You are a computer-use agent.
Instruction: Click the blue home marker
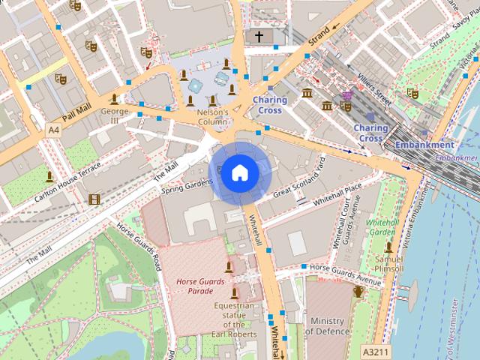coord(239,173)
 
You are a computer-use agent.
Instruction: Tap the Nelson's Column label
coord(212,116)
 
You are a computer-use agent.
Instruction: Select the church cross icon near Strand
coord(259,36)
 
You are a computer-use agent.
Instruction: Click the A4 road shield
coord(52,130)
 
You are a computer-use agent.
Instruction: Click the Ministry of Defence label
coord(328,326)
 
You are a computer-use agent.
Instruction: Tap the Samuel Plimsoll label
coord(388,263)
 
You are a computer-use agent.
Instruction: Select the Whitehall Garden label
coord(382,227)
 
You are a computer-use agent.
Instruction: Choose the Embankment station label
coord(424,145)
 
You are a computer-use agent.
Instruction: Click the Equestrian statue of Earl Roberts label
coord(233,315)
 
